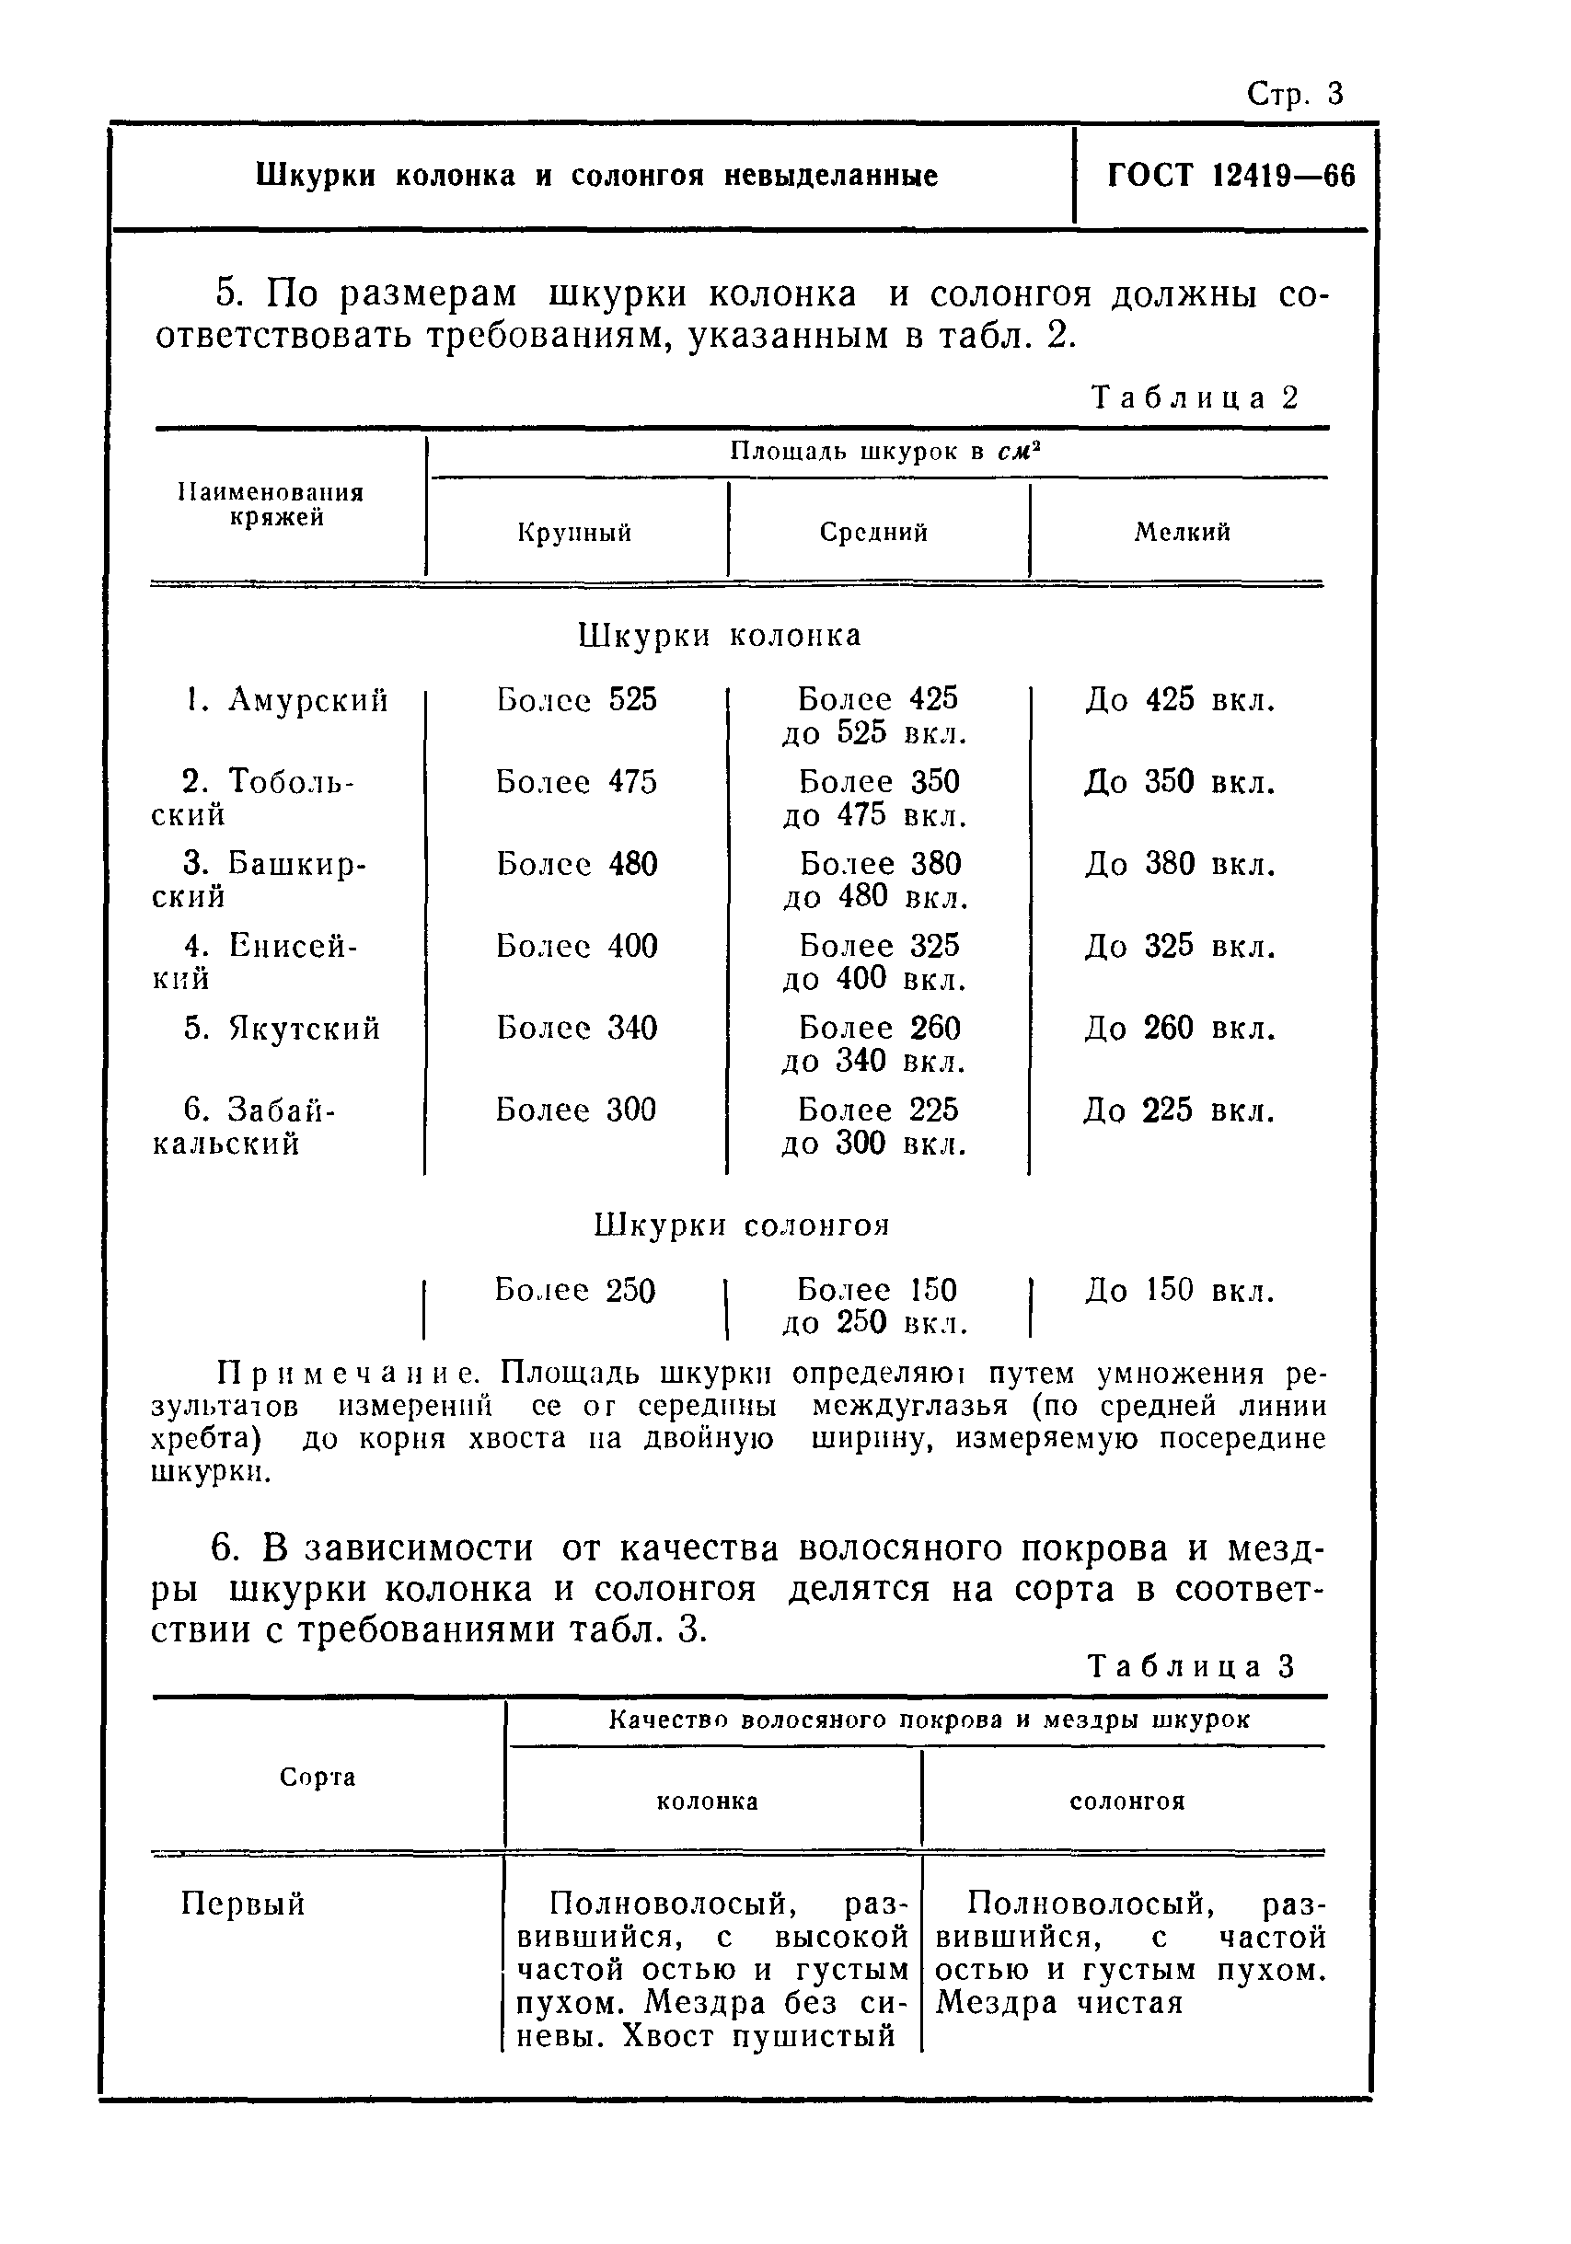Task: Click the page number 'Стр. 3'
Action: tap(1294, 95)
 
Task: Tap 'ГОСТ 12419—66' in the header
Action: tap(1230, 176)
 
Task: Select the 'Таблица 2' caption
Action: tap(1194, 397)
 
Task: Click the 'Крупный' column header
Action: tap(575, 533)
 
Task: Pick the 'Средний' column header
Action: tap(873, 533)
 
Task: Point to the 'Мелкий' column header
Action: tap(1182, 533)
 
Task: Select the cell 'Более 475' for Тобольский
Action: tap(576, 782)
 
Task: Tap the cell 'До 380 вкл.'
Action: tap(1180, 864)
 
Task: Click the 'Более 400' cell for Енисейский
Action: tap(576, 946)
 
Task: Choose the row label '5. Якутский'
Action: tap(282, 1029)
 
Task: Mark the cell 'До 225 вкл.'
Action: tap(1179, 1110)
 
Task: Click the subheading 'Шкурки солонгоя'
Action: tap(742, 1226)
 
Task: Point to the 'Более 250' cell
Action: tap(574, 1290)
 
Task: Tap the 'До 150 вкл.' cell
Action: tap(1180, 1290)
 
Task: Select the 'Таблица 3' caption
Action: tap(1192, 1666)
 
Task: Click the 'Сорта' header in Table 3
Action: tap(318, 1777)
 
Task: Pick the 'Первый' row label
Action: tap(243, 1904)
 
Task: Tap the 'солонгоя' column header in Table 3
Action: tap(1126, 1801)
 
